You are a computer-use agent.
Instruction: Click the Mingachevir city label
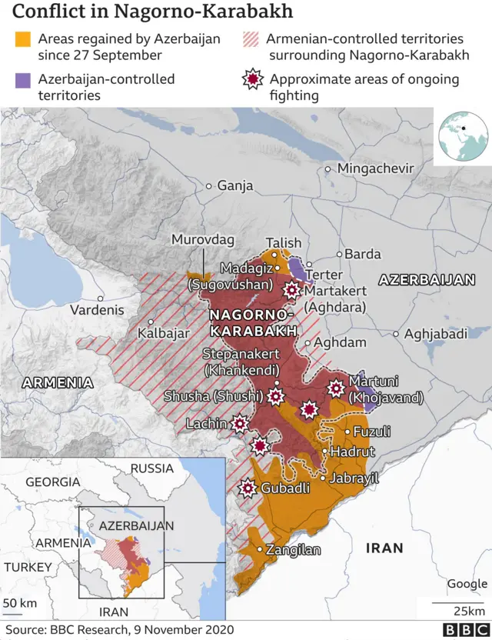375,168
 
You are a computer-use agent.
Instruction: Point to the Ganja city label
234,185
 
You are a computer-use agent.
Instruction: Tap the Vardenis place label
97,310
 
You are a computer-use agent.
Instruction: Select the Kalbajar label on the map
163,334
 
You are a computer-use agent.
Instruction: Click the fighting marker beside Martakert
291,290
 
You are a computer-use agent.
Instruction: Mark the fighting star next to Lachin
240,423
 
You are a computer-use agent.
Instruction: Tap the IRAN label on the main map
384,548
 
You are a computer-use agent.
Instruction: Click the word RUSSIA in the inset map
151,468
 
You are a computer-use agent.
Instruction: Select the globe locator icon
463,136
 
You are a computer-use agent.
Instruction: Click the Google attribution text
467,584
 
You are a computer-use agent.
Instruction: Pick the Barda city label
362,254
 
